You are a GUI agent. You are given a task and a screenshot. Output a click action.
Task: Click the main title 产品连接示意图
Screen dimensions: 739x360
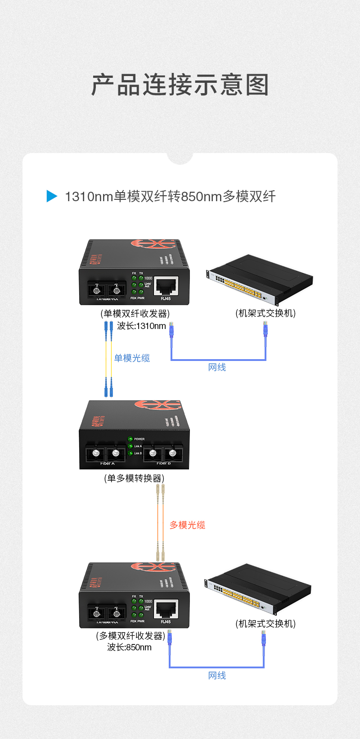[180, 85]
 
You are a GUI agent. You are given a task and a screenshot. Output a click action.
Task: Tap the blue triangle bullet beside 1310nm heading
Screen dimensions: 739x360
[52, 196]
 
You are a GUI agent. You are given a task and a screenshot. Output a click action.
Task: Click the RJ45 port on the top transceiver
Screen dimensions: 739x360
[166, 286]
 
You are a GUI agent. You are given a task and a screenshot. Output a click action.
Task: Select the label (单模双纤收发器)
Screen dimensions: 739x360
[135, 314]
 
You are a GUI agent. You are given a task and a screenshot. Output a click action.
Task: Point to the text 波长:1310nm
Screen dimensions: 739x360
[141, 326]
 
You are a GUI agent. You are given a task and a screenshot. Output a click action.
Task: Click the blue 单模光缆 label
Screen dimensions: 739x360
[132, 358]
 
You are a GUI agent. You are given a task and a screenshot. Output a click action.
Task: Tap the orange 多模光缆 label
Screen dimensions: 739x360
[187, 525]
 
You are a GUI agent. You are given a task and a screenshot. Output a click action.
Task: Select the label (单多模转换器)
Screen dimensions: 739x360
[134, 478]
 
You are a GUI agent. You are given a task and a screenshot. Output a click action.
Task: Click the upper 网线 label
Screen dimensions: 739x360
[217, 367]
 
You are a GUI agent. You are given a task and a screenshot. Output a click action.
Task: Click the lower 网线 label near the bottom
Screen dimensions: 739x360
[217, 676]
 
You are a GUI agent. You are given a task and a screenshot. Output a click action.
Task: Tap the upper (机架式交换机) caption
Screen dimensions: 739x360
[265, 313]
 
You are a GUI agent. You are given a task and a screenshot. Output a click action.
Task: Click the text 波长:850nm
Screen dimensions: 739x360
[129, 647]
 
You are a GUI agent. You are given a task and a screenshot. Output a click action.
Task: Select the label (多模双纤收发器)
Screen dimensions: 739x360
[130, 636]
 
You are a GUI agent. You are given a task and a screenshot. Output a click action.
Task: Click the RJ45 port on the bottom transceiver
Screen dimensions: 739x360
[166, 609]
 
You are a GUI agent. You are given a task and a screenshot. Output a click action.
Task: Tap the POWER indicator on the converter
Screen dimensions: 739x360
[130, 439]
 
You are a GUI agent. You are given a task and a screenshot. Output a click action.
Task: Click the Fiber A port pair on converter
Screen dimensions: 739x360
[106, 453]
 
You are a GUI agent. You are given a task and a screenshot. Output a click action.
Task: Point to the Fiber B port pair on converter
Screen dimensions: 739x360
[163, 453]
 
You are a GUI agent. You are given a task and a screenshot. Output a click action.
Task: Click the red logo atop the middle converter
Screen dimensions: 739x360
[157, 405]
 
